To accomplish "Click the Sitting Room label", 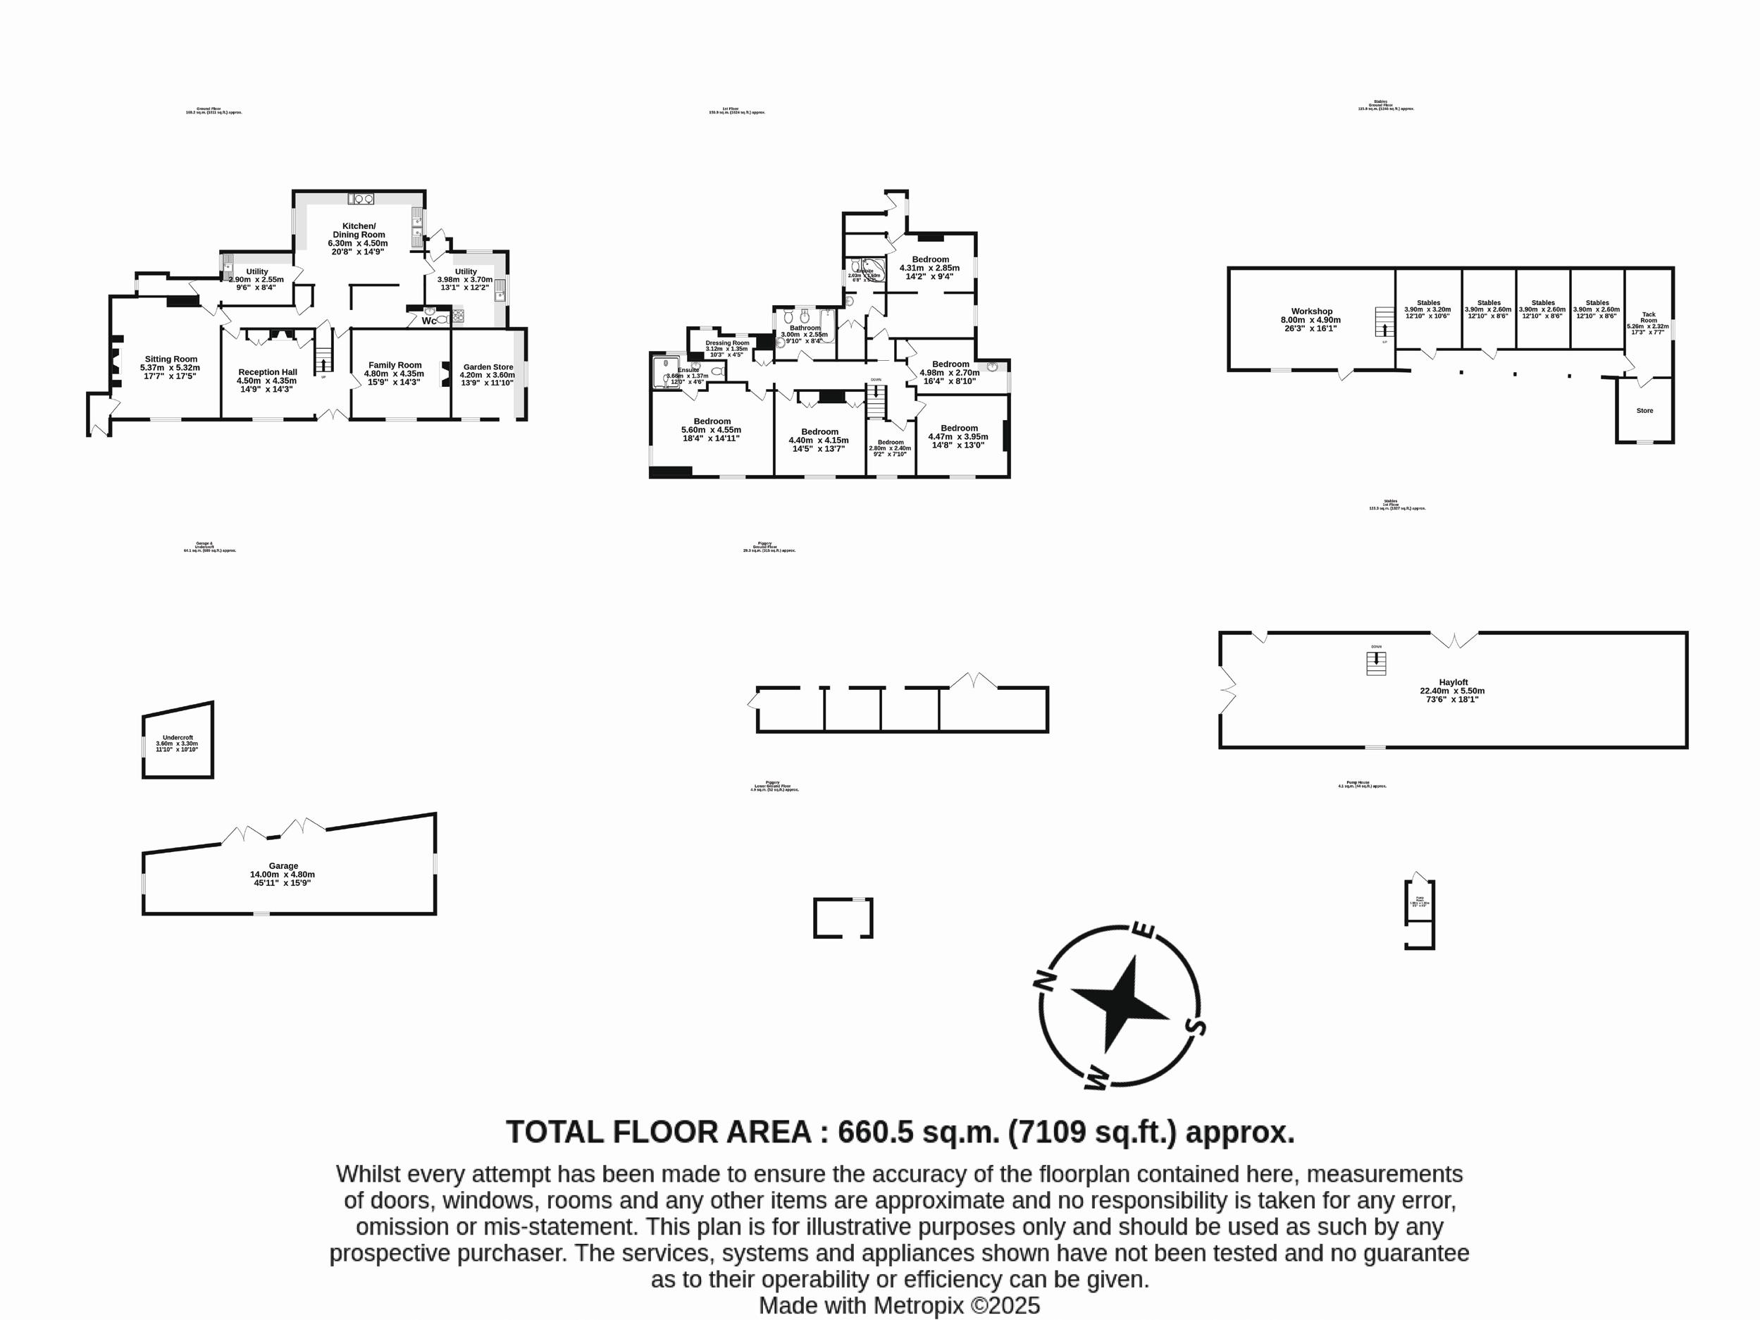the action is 171,359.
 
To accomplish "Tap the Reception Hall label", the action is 267,371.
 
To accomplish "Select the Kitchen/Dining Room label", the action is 358,230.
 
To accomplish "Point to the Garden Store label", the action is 488,366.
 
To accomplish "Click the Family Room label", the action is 395,365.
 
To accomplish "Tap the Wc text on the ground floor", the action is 429,321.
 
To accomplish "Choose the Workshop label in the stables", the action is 1311,311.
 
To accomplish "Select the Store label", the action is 1644,411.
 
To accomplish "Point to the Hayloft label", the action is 1453,682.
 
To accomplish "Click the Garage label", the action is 283,865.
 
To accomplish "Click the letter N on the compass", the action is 1045,982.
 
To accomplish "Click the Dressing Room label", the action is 727,343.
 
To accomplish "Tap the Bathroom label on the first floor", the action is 805,328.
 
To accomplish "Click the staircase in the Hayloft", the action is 1377,662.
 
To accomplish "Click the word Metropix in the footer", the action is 918,1306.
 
